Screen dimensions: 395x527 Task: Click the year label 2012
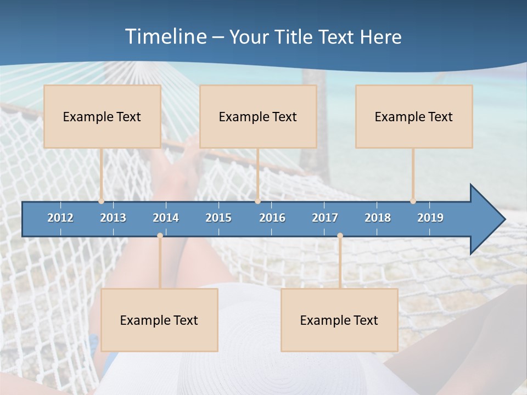click(x=60, y=218)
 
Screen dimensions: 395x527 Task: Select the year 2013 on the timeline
click(x=113, y=218)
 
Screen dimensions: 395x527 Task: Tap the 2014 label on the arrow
click(x=166, y=218)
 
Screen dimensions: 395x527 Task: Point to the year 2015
click(x=218, y=218)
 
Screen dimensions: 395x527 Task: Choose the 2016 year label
click(x=272, y=218)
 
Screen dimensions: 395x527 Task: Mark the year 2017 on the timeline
click(x=325, y=218)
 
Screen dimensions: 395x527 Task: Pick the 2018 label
click(x=378, y=218)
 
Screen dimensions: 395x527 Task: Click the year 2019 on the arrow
click(x=430, y=218)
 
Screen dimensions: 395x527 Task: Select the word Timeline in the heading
click(x=165, y=37)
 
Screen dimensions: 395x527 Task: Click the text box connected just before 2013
click(x=102, y=116)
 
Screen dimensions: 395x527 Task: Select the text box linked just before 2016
click(x=258, y=116)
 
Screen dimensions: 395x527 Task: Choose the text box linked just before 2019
click(x=414, y=116)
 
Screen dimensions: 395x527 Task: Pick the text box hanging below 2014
click(x=159, y=320)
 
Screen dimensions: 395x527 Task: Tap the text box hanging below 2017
click(x=339, y=320)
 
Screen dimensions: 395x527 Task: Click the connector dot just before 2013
click(x=102, y=201)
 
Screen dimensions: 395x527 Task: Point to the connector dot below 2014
click(x=160, y=235)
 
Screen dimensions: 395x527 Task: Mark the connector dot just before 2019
click(x=413, y=201)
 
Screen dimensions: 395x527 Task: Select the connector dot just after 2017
click(x=340, y=235)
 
